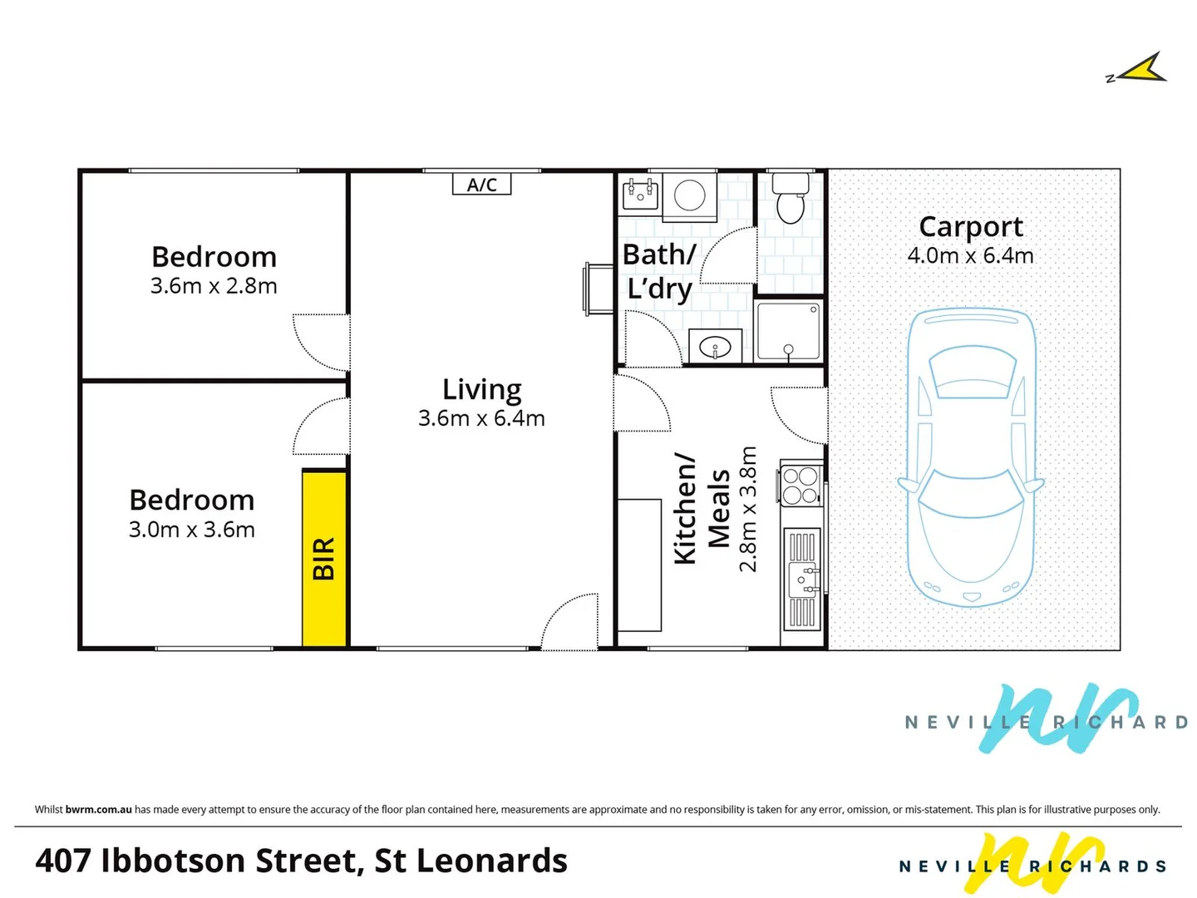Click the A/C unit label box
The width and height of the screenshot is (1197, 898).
pyautogui.click(x=481, y=185)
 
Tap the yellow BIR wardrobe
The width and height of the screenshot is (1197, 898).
pyautogui.click(x=324, y=558)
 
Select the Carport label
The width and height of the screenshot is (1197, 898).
pyautogui.click(x=970, y=228)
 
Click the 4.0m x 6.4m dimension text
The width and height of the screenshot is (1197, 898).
pyautogui.click(x=970, y=256)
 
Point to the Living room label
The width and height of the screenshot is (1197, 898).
pyautogui.click(x=481, y=390)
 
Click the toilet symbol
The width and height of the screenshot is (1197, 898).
pyautogui.click(x=791, y=199)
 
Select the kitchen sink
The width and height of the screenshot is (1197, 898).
pyautogui.click(x=801, y=579)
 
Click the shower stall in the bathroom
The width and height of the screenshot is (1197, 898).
pyautogui.click(x=789, y=332)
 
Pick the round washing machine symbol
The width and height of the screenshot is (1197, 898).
pyautogui.click(x=689, y=195)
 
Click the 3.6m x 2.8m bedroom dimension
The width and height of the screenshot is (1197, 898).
pyautogui.click(x=214, y=286)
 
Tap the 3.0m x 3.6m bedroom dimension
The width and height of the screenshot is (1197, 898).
pyautogui.click(x=192, y=530)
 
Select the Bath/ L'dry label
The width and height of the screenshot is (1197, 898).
pyautogui.click(x=659, y=271)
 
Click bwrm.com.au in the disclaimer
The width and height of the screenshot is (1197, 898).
pyautogui.click(x=99, y=810)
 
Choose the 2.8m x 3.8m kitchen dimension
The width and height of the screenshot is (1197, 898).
pyautogui.click(x=748, y=509)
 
